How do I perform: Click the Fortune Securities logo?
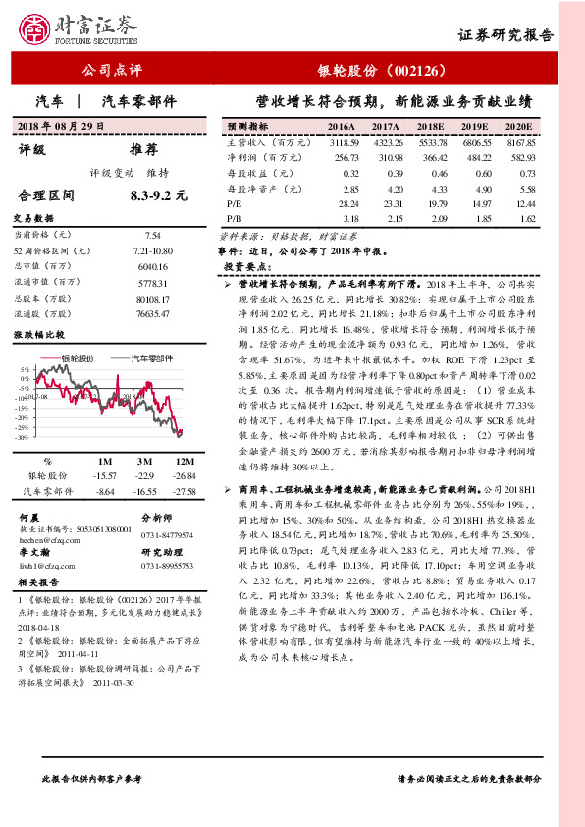point(70,28)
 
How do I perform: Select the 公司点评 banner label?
point(112,71)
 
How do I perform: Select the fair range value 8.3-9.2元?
point(158,195)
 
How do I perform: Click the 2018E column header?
point(430,128)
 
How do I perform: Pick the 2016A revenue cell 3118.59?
point(342,143)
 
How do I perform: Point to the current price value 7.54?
point(152,236)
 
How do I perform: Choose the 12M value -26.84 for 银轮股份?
point(185,474)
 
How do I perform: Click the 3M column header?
point(143,460)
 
